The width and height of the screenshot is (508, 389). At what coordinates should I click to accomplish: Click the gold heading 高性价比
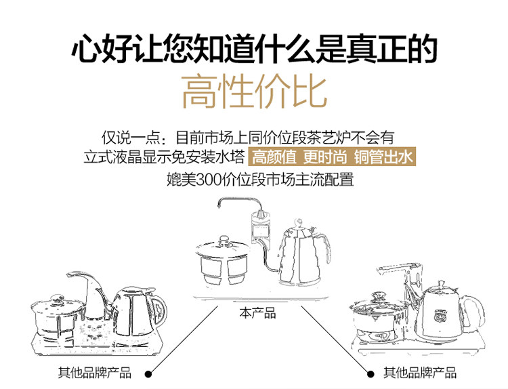point(254,92)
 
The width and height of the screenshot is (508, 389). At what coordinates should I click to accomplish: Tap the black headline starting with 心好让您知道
point(254,49)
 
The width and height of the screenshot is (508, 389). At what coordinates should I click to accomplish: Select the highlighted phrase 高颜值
point(274,159)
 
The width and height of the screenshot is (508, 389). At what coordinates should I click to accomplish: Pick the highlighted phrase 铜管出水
point(383,159)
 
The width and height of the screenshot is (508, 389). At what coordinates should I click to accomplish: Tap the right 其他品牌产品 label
point(420,373)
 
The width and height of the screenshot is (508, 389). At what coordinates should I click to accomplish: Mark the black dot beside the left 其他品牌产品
point(149,373)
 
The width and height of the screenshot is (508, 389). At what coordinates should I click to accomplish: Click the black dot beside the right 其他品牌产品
point(370,373)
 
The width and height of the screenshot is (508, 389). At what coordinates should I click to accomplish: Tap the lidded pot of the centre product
point(223,261)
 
